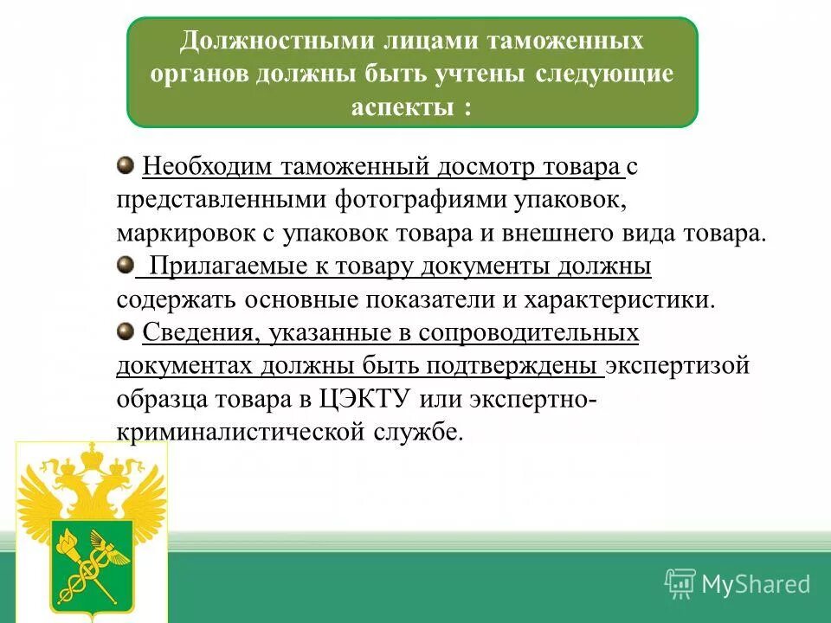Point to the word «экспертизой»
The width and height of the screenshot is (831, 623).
click(x=677, y=366)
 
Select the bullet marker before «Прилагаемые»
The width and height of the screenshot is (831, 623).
click(x=126, y=264)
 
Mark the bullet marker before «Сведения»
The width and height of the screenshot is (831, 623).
click(x=126, y=330)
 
